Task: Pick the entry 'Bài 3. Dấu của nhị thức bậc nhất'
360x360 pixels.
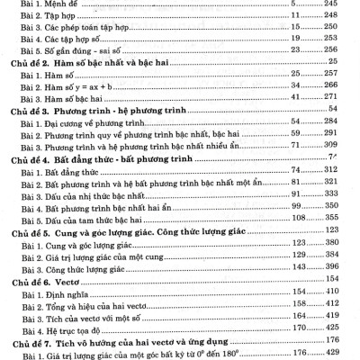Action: [x=82, y=218]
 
